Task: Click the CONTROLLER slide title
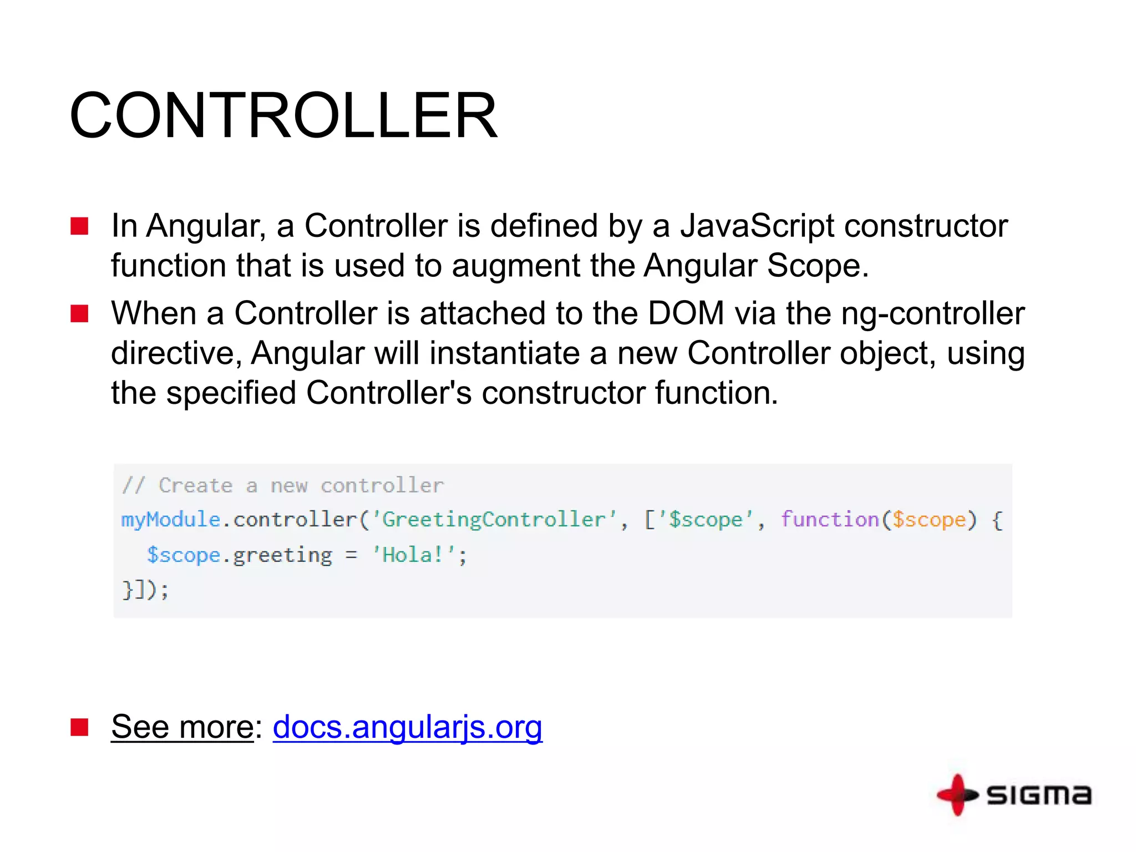pos(283,115)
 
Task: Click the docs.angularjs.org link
pos(407,727)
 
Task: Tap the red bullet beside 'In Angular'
pos(79,226)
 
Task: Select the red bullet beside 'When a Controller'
pos(79,314)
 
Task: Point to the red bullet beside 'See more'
pos(79,727)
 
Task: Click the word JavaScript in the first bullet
pos(757,226)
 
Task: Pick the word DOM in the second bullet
pos(686,313)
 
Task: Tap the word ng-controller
pos(933,313)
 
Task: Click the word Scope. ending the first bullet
pos(818,266)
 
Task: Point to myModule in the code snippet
pos(171,520)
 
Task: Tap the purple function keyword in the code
pos(830,520)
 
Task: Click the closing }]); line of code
pos(145,589)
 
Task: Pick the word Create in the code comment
pos(196,486)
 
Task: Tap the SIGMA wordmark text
pos(1039,795)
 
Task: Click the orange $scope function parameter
pos(929,520)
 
